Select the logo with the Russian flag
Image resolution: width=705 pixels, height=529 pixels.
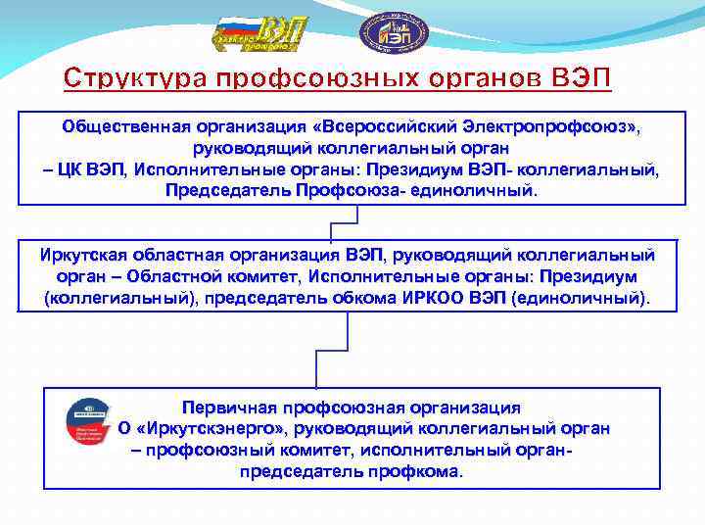click(256, 34)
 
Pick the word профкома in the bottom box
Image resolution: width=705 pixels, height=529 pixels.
click(417, 470)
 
